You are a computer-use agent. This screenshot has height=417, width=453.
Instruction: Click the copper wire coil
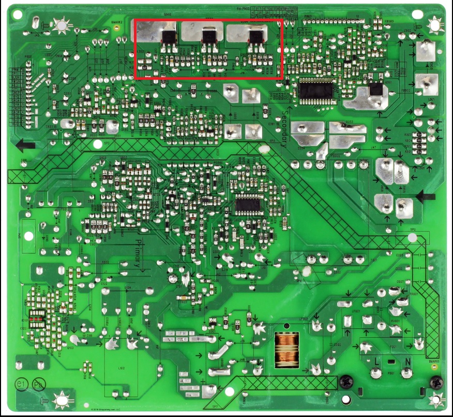(285, 349)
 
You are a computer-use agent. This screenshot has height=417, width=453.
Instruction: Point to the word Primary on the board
(138, 253)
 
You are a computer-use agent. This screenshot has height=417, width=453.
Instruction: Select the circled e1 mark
(21, 385)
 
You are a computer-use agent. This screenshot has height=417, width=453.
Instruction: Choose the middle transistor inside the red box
(209, 36)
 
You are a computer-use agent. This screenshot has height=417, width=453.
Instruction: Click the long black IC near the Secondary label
(315, 90)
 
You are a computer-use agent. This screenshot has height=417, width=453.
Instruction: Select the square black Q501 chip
(376, 89)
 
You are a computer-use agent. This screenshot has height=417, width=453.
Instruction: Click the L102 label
(122, 368)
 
